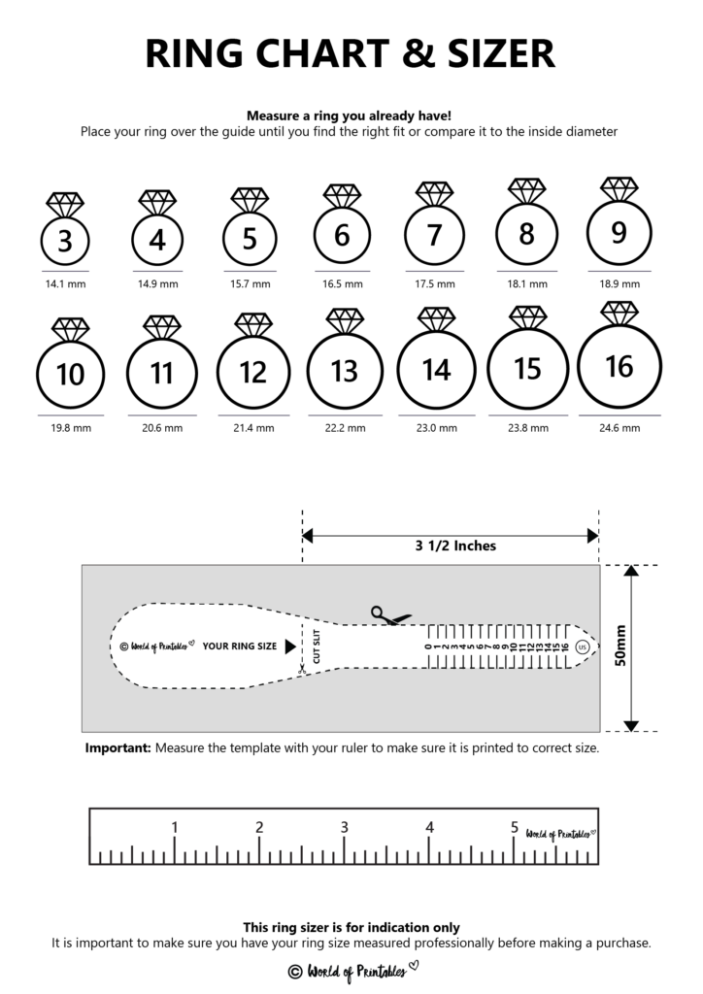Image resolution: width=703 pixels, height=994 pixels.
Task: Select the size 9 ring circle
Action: pos(619,233)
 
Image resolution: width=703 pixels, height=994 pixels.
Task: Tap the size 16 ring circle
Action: pos(619,367)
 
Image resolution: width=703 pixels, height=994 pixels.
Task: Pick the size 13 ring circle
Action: pos(344,371)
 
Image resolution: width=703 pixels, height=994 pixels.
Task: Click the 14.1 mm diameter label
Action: pos(65,284)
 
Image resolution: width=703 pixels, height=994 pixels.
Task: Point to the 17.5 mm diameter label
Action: pos(434,284)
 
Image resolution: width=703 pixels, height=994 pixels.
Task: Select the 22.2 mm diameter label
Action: pos(344,428)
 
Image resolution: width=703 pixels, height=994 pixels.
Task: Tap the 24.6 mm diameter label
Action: pos(619,428)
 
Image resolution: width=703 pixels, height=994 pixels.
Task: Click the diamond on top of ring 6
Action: pos(342,195)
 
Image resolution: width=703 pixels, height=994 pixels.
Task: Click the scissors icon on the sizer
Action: pos(389,615)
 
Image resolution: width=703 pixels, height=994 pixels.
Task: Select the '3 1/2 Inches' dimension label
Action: pos(450,546)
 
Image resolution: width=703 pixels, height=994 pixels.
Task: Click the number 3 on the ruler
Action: pos(344,828)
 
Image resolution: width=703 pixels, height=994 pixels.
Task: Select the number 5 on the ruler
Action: pos(514,828)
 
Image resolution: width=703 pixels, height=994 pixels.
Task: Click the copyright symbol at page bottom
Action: pos(295,971)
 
